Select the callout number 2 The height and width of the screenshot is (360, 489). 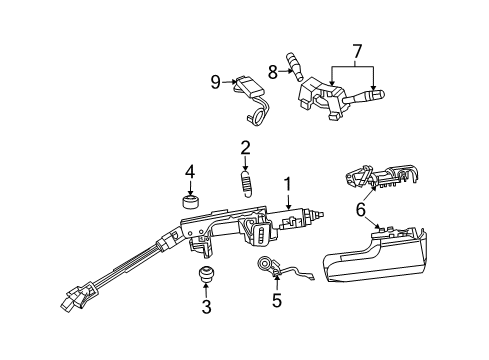click(x=244, y=148)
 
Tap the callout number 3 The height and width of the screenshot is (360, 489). click(x=206, y=307)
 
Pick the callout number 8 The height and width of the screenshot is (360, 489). click(x=271, y=70)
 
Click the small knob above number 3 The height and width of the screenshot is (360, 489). click(x=207, y=276)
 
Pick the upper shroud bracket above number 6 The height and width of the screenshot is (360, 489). click(x=379, y=175)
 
